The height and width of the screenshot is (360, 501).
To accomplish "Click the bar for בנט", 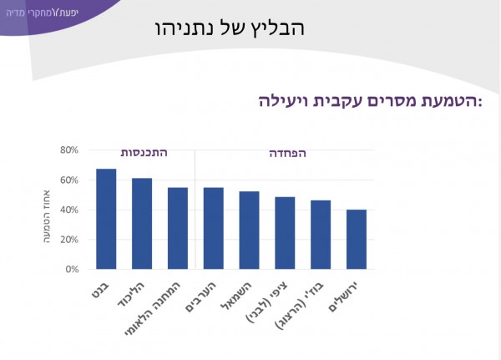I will (106, 219).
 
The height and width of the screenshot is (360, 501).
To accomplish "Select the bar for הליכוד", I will (142, 224).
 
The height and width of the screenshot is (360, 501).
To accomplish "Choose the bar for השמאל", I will (249, 231).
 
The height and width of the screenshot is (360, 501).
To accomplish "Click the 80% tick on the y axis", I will (68, 150).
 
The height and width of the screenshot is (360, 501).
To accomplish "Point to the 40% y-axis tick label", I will (68, 210).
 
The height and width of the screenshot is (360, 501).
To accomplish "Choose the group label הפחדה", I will (287, 153).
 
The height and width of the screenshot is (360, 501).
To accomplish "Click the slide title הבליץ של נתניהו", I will (230, 28).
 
